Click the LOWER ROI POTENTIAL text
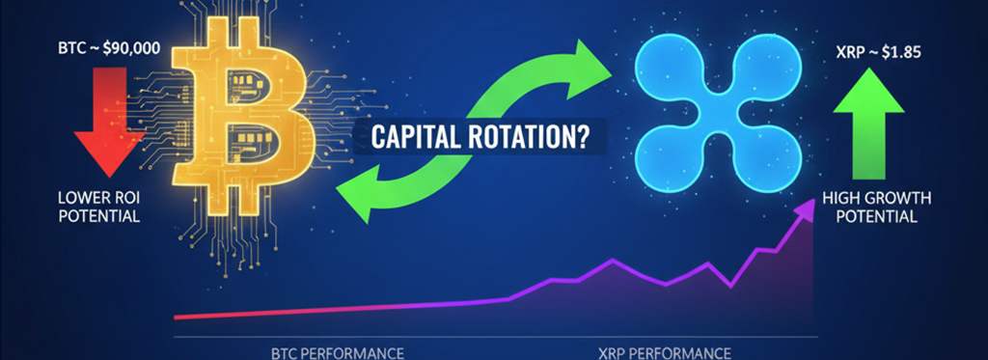pyautogui.click(x=98, y=207)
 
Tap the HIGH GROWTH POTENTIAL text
pyautogui.click(x=876, y=207)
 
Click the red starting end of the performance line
pyautogui.click(x=179, y=316)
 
